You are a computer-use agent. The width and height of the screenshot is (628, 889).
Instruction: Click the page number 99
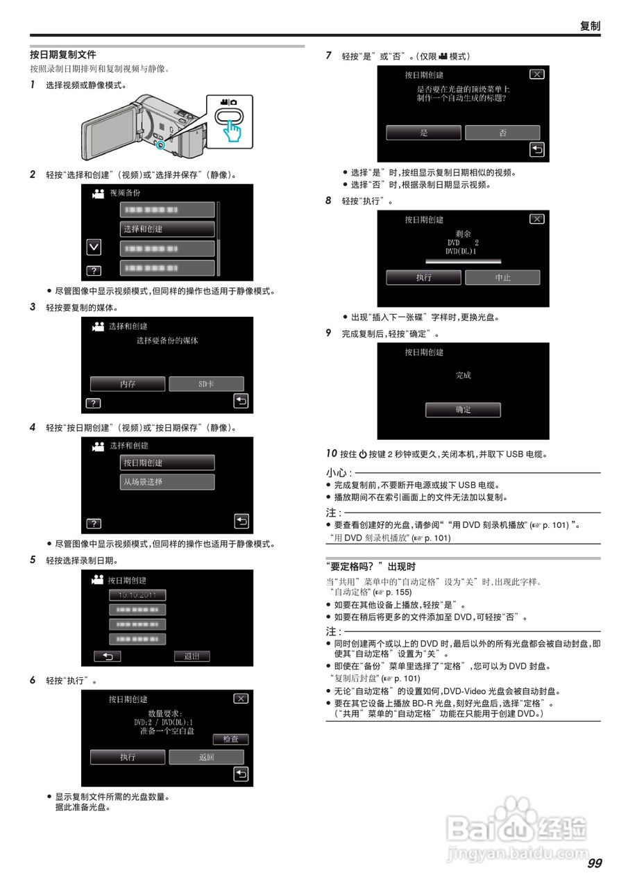click(x=594, y=863)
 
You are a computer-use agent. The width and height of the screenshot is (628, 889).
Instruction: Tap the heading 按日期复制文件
click(x=63, y=54)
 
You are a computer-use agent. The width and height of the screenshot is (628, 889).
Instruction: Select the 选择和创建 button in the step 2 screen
click(x=167, y=229)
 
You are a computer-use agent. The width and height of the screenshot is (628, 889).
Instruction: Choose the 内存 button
click(x=128, y=383)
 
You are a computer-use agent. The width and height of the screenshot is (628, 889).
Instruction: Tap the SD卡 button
click(x=206, y=383)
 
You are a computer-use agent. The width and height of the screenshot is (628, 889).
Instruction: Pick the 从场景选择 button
click(x=167, y=481)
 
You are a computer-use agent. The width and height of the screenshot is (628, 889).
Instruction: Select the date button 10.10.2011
click(x=137, y=595)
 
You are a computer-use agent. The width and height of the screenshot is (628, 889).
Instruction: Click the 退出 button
click(x=192, y=656)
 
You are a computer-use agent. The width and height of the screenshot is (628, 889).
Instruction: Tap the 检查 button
click(x=230, y=739)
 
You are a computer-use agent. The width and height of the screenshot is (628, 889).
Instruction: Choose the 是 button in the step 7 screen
click(x=424, y=133)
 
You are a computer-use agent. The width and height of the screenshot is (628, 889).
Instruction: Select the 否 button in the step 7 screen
click(x=502, y=133)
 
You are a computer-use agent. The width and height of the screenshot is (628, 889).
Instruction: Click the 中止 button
click(x=502, y=277)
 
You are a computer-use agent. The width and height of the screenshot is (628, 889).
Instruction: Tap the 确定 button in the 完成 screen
click(x=463, y=410)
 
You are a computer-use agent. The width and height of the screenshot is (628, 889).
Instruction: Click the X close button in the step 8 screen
click(x=536, y=219)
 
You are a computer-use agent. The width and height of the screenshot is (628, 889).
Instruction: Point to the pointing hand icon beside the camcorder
click(x=233, y=132)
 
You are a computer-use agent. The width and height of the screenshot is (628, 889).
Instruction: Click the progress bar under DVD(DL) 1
click(x=462, y=261)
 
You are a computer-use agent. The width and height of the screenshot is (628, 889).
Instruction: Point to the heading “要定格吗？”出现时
click(x=371, y=566)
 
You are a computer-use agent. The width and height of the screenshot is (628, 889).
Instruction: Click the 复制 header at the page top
click(x=590, y=26)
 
